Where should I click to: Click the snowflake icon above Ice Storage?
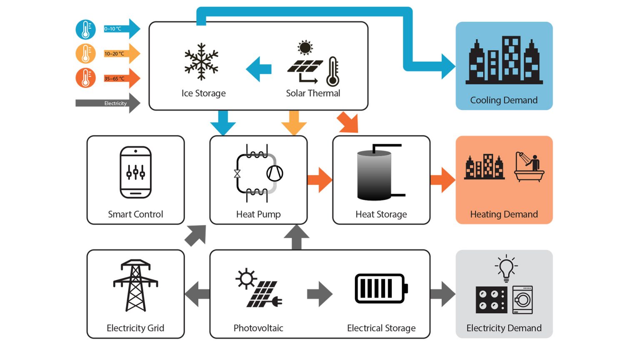tap(202, 61)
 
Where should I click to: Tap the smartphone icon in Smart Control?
tap(135, 172)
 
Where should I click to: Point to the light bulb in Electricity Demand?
tap(506, 268)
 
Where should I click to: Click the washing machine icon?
tap(522, 300)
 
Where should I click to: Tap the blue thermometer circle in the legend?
tap(85, 30)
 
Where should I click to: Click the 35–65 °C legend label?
tap(114, 78)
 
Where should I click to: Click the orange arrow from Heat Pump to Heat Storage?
tap(320, 180)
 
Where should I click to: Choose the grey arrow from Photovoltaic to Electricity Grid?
tap(197, 294)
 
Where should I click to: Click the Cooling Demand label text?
tap(504, 100)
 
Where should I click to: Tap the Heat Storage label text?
tap(381, 214)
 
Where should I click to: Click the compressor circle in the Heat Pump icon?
tap(275, 173)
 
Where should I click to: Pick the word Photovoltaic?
tap(258, 328)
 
